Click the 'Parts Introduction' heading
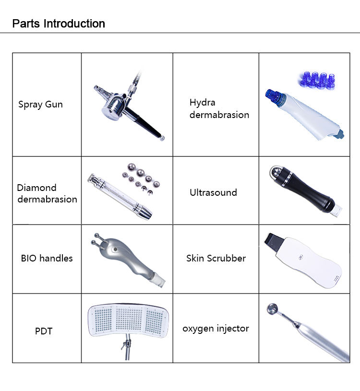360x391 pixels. (x=58, y=24)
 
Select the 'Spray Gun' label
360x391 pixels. (x=40, y=104)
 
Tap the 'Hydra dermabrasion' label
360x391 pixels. (x=219, y=108)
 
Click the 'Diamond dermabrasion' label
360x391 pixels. (x=47, y=193)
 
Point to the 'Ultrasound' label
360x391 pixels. (x=213, y=192)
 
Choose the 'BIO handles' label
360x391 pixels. (x=47, y=258)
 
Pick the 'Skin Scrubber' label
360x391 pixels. (x=216, y=258)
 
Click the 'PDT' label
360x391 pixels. (x=43, y=331)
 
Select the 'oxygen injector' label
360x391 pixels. (x=216, y=329)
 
